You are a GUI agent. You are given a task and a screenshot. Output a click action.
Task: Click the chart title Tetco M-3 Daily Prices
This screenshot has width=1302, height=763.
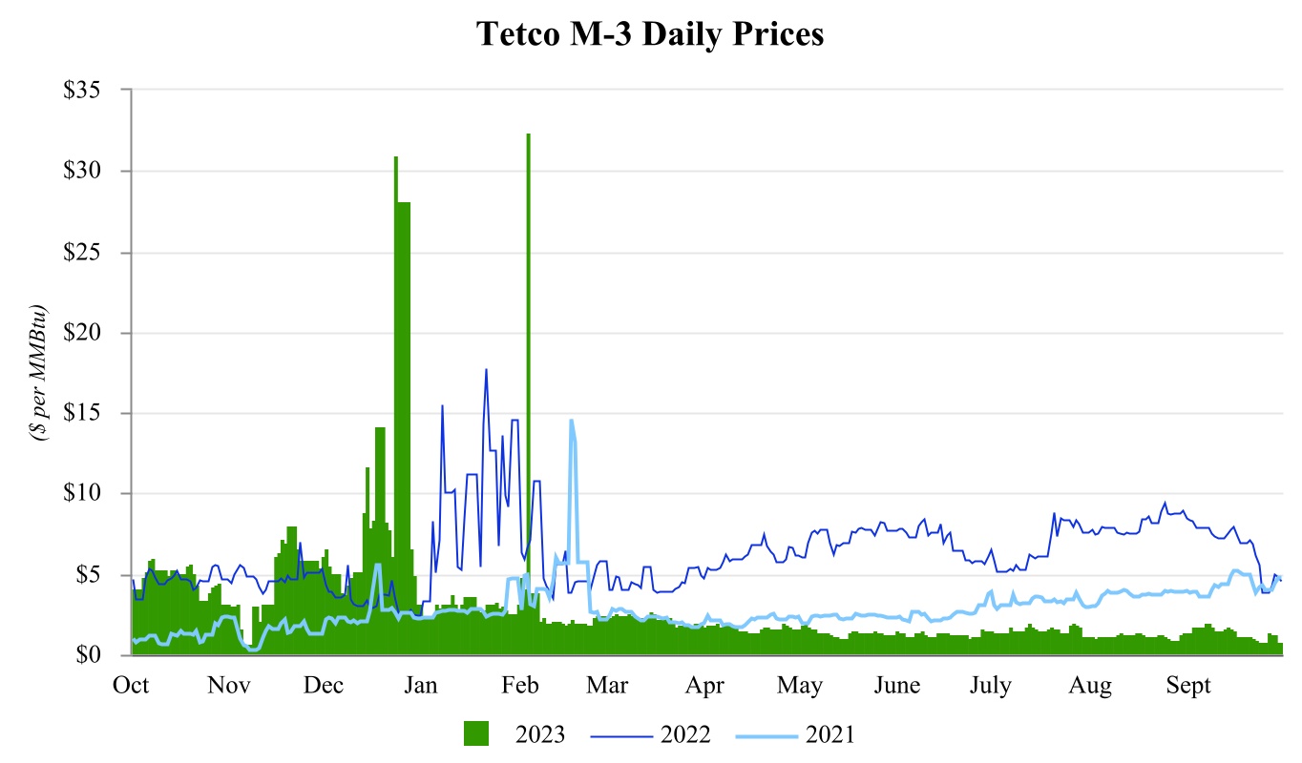650,34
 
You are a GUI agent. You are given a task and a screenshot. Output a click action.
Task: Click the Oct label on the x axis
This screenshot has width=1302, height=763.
131,686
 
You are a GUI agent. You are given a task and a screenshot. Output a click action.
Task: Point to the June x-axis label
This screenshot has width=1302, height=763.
897,686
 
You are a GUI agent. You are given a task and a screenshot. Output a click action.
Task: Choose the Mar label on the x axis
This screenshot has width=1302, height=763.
607,686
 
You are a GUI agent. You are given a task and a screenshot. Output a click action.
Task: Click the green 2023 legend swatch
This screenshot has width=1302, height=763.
476,734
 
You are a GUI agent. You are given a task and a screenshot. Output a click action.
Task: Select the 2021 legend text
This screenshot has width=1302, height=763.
829,734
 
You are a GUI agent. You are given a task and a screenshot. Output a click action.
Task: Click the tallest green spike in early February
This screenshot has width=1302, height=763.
528,135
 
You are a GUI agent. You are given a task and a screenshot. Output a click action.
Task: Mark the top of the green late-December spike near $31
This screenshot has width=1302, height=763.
395,158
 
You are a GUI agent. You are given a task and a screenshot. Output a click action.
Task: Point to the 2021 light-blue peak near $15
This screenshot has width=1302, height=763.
571,421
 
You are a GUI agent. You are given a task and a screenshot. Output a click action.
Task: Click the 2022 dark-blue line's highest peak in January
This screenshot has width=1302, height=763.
486,370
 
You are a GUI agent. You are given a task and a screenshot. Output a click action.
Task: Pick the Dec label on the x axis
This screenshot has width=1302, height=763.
324,686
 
